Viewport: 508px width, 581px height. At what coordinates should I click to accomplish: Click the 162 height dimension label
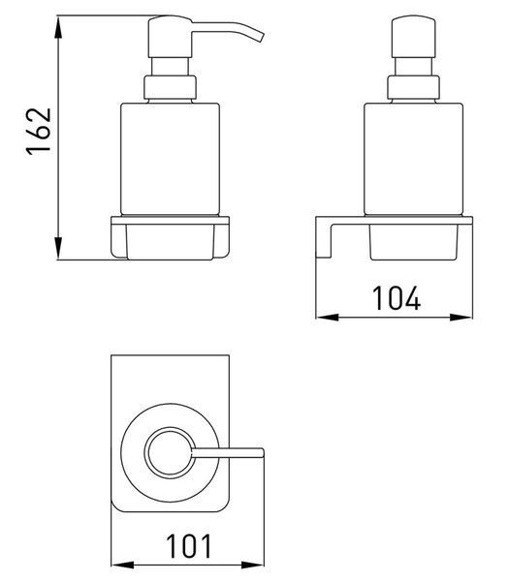38,132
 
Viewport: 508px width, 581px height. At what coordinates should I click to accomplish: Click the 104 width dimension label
396,298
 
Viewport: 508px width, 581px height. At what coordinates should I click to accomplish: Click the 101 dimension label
188,546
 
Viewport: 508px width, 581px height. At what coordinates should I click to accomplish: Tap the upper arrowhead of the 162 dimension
57,27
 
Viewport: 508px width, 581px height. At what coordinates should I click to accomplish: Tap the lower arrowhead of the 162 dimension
57,248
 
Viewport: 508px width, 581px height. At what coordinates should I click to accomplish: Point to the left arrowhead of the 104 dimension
328,318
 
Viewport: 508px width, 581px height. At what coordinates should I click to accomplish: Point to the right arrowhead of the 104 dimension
460,318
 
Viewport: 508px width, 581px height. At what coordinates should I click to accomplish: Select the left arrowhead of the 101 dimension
123,566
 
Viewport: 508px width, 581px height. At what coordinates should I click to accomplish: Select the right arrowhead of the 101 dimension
253,566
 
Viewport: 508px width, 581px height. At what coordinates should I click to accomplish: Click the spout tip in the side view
260,37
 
